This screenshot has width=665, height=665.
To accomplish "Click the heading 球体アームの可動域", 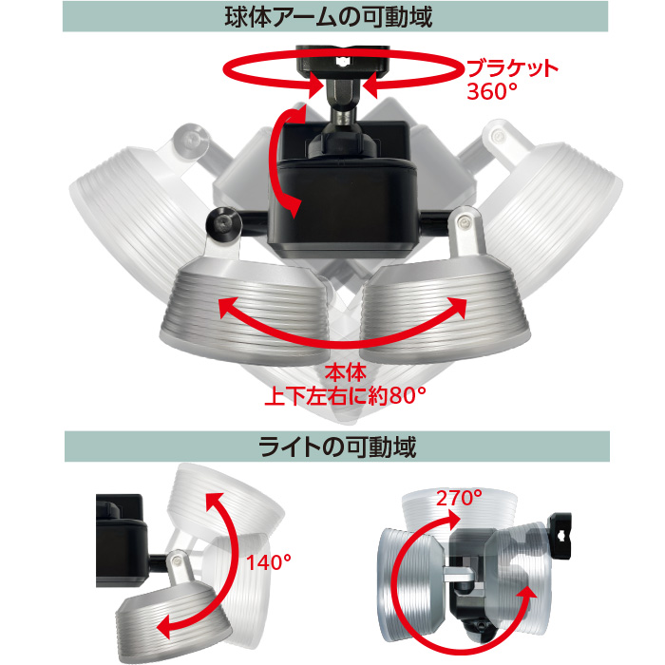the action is (x=329, y=17).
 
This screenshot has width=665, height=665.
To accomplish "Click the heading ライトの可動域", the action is (x=337, y=446).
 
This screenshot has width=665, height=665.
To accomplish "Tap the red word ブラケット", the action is (x=512, y=68).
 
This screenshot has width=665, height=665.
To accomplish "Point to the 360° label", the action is (x=492, y=91).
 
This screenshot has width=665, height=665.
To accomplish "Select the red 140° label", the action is (x=269, y=562).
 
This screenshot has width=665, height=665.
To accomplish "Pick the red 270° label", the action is (x=459, y=498).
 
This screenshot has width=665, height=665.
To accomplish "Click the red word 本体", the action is (x=345, y=373).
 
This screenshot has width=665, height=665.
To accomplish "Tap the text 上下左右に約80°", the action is (x=345, y=396).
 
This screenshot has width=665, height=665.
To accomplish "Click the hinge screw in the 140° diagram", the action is (x=177, y=561).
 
